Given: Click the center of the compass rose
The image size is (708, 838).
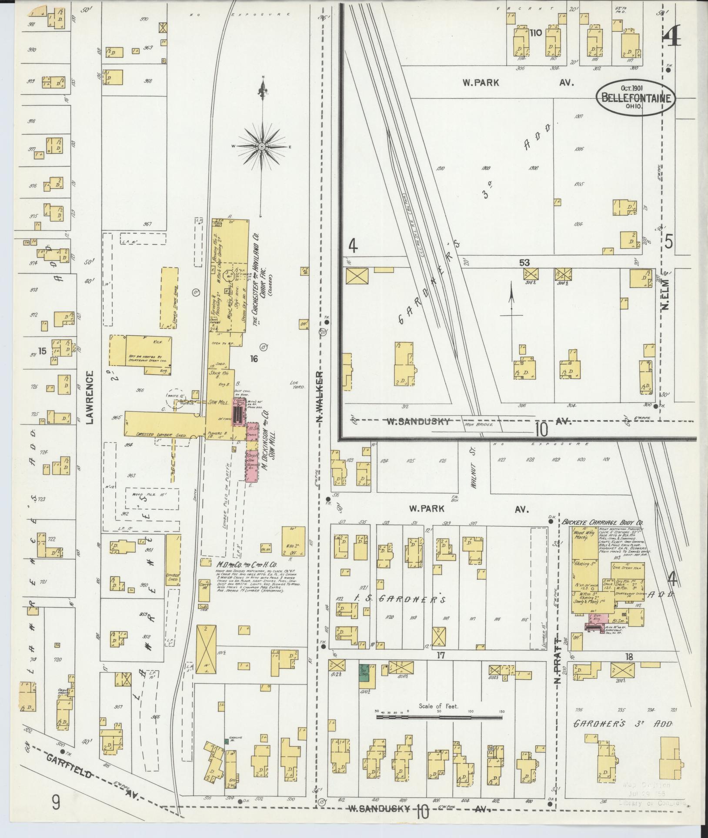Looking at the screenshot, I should tap(262, 147).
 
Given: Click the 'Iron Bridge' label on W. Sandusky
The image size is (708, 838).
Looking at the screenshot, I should tap(478, 424).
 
